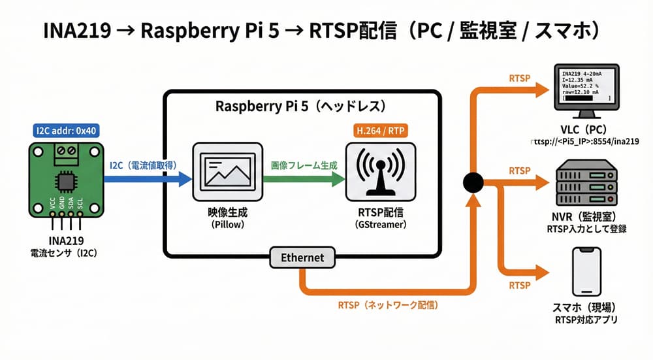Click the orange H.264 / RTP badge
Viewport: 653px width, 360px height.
point(380,131)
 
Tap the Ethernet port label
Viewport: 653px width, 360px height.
point(302,257)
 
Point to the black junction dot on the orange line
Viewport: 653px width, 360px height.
point(472,182)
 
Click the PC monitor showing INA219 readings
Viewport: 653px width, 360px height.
point(586,88)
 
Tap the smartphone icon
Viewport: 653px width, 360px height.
point(585,272)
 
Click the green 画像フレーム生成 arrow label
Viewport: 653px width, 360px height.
point(304,165)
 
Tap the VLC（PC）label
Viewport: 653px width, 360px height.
point(585,129)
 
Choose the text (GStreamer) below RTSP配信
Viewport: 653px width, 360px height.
point(379,224)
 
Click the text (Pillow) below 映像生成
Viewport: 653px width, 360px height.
point(227,224)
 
